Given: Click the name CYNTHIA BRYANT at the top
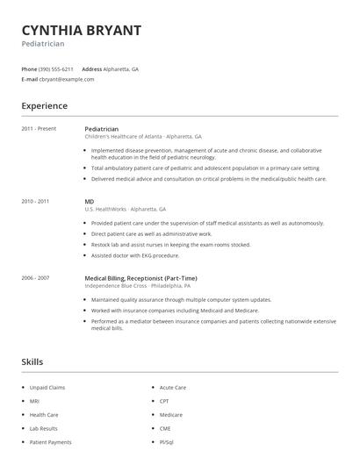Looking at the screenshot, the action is coord(81,30).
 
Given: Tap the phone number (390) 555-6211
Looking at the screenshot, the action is coord(55,68).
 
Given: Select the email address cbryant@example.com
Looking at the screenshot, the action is coord(67,79).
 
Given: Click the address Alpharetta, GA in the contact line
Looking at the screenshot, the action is coord(121,68).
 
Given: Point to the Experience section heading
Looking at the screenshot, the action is coord(45,106).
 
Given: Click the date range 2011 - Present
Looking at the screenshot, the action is coord(39,128).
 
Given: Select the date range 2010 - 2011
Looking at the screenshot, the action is coord(35,201).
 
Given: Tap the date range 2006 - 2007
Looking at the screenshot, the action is coord(35,277).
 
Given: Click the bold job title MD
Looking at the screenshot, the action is coord(90,201).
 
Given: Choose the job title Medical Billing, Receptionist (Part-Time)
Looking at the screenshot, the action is coord(140,277).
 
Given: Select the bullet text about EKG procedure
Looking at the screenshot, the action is coord(135,255).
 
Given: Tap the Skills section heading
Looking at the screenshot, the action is coord(32,361).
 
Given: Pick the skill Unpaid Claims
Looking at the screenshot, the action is coord(47,387).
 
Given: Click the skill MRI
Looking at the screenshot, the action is coord(35,401).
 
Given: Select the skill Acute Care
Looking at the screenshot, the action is coord(172,387).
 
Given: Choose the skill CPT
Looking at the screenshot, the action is coord(165,401).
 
